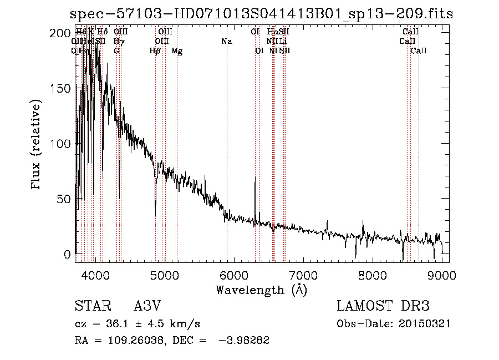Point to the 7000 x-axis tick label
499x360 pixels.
click(x=303, y=275)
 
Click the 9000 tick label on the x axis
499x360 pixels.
click(x=442, y=275)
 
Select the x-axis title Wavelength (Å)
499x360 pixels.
click(x=261, y=290)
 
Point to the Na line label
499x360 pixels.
click(x=226, y=41)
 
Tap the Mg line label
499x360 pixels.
click(x=177, y=51)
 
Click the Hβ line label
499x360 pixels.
click(x=155, y=51)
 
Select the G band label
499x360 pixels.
click(x=116, y=50)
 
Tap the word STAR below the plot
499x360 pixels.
click(x=93, y=306)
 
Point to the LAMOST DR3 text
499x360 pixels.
click(x=383, y=306)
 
